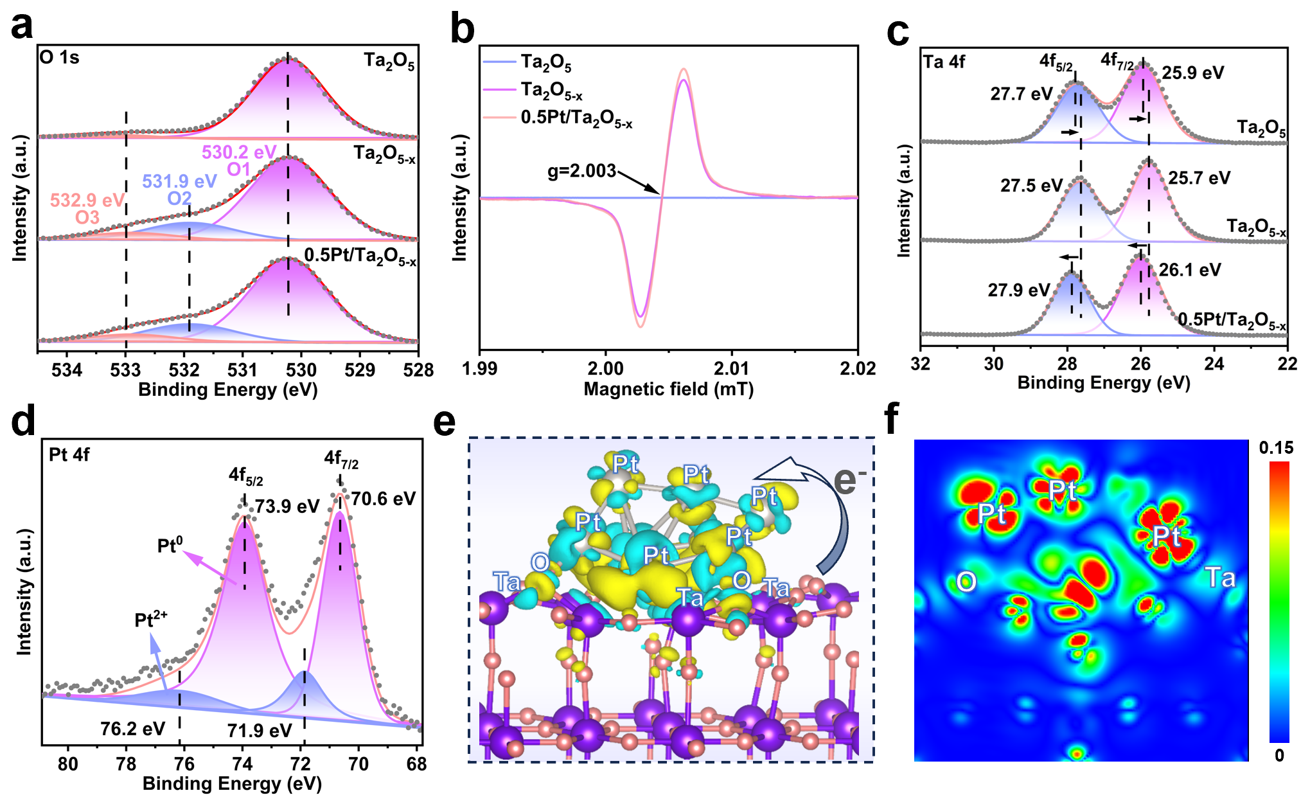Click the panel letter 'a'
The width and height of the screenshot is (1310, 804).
(22, 27)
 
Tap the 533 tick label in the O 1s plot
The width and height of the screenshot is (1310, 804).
(125, 370)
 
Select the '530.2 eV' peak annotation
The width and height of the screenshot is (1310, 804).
(239, 152)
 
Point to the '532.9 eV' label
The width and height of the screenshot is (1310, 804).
(87, 201)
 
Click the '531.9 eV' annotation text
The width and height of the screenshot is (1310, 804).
(179, 182)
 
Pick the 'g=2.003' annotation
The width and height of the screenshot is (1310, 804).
(581, 172)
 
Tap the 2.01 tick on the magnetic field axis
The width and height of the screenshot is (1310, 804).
(731, 369)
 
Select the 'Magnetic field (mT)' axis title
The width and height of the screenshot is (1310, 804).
(668, 389)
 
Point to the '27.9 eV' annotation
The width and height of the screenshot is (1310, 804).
(1018, 290)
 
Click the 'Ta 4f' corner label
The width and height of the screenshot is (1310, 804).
(944, 62)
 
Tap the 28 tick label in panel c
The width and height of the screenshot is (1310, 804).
(1067, 364)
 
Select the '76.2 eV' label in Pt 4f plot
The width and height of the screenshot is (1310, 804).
(132, 729)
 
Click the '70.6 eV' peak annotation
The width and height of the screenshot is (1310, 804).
(383, 499)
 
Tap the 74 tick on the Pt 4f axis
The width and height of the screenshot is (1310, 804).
(242, 764)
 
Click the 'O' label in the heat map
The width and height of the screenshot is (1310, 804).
(966, 582)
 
